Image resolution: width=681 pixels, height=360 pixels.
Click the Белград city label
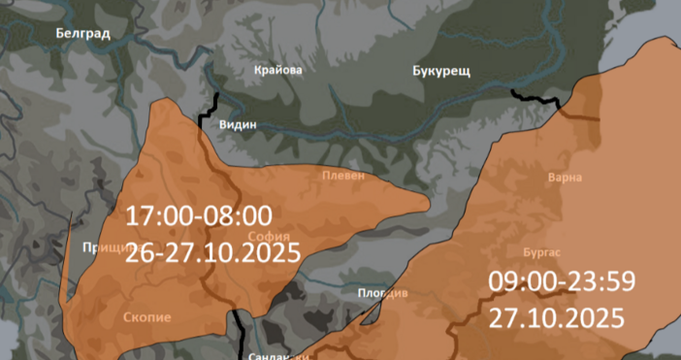tap(82, 33)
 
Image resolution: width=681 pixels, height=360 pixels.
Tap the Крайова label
tap(277, 70)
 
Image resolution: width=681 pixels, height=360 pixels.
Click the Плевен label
tap(344, 176)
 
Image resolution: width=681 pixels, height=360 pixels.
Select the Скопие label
tap(147, 317)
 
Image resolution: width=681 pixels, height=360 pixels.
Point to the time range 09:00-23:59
tap(561, 282)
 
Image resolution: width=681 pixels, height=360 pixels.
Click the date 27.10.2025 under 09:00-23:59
tap(555, 317)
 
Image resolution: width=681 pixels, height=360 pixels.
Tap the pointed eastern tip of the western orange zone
tap(427, 203)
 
